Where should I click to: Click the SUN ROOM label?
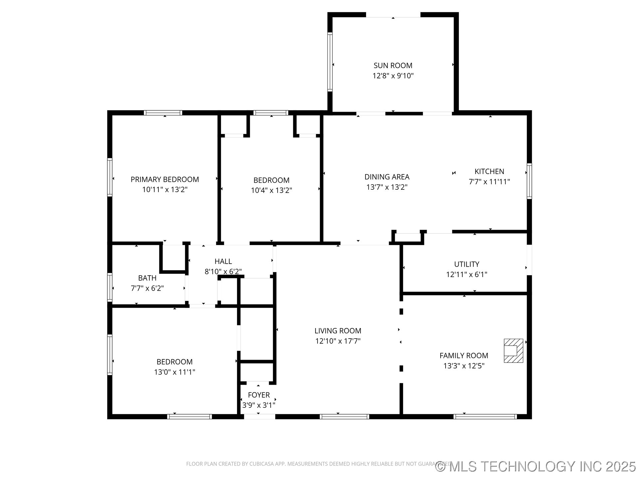[x=393, y=66]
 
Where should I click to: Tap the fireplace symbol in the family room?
[x=513, y=351]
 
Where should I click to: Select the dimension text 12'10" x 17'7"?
[x=338, y=341]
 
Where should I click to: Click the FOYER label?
[x=259, y=395]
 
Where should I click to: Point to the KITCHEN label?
[x=489, y=172]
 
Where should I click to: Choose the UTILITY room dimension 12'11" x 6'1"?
[x=466, y=274]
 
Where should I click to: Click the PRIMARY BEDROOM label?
[x=165, y=180]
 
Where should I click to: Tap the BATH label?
[x=147, y=278]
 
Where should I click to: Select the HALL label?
[x=223, y=261]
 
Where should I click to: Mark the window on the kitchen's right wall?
[x=529, y=181]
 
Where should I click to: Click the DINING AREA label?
[x=387, y=177]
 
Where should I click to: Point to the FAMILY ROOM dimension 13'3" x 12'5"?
[x=464, y=366]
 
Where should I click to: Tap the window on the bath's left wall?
[x=110, y=287]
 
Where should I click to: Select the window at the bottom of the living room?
[x=344, y=416]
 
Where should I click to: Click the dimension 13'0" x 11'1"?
[x=174, y=372]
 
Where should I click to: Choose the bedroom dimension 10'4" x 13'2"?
[x=271, y=190]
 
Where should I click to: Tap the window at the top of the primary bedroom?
[x=163, y=113]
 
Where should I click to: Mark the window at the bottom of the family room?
[x=485, y=416]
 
